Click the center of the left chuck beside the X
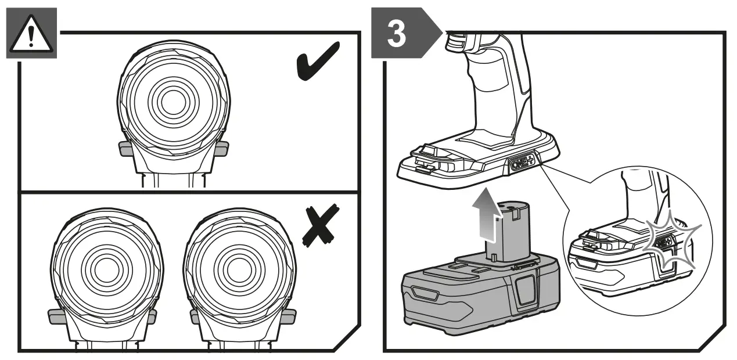tap(103, 269)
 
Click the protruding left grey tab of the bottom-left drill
tap(56, 316)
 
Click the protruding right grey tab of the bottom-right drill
tap(287, 316)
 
